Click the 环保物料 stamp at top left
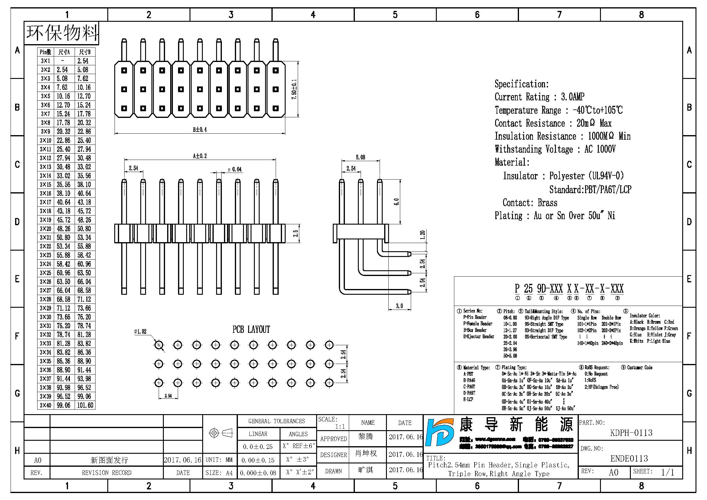pos(62,33)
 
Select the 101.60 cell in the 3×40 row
pos(85,405)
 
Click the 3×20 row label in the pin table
pos(46,229)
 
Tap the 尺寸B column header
pos(85,52)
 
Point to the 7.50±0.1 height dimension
pos(294,89)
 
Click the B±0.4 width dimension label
pos(200,130)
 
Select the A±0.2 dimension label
pos(200,156)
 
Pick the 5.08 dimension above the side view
pos(360,157)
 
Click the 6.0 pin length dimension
pos(397,202)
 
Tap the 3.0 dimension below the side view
pos(399,306)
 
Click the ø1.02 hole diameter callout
pos(141,332)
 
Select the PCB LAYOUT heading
pos(251,330)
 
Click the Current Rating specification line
pos(539,97)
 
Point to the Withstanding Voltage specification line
pos(555,149)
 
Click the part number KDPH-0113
pos(631,433)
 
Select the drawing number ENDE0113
pos(629,459)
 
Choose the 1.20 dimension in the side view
pos(423,235)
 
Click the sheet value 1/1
pos(667,472)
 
